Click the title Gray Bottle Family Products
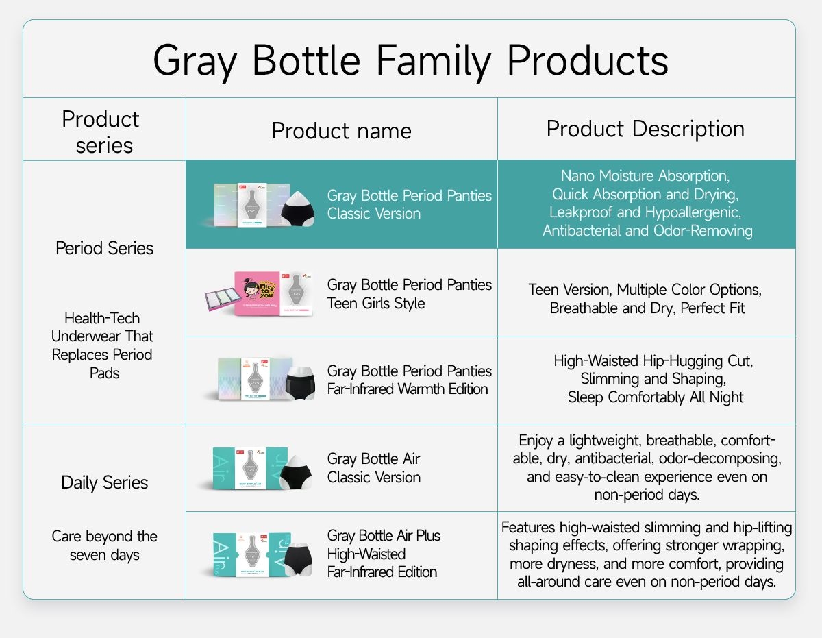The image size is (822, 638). click(410, 61)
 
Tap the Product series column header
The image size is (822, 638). click(101, 132)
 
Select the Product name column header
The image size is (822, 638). click(341, 131)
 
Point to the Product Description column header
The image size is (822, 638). click(645, 129)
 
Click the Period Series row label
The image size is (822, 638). click(104, 248)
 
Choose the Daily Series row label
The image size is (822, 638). click(104, 483)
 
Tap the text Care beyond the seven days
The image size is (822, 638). click(104, 545)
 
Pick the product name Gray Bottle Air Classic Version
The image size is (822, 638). click(374, 468)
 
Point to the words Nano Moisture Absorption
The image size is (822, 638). click(645, 175)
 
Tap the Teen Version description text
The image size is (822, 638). click(645, 299)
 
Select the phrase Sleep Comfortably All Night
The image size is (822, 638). click(656, 397)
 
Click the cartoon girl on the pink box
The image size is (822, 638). click(252, 291)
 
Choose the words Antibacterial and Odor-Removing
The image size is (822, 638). click(647, 230)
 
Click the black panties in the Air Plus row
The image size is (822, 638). click(298, 559)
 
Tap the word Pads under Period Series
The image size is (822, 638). click(104, 373)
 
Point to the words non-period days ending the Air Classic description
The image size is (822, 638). click(647, 495)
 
